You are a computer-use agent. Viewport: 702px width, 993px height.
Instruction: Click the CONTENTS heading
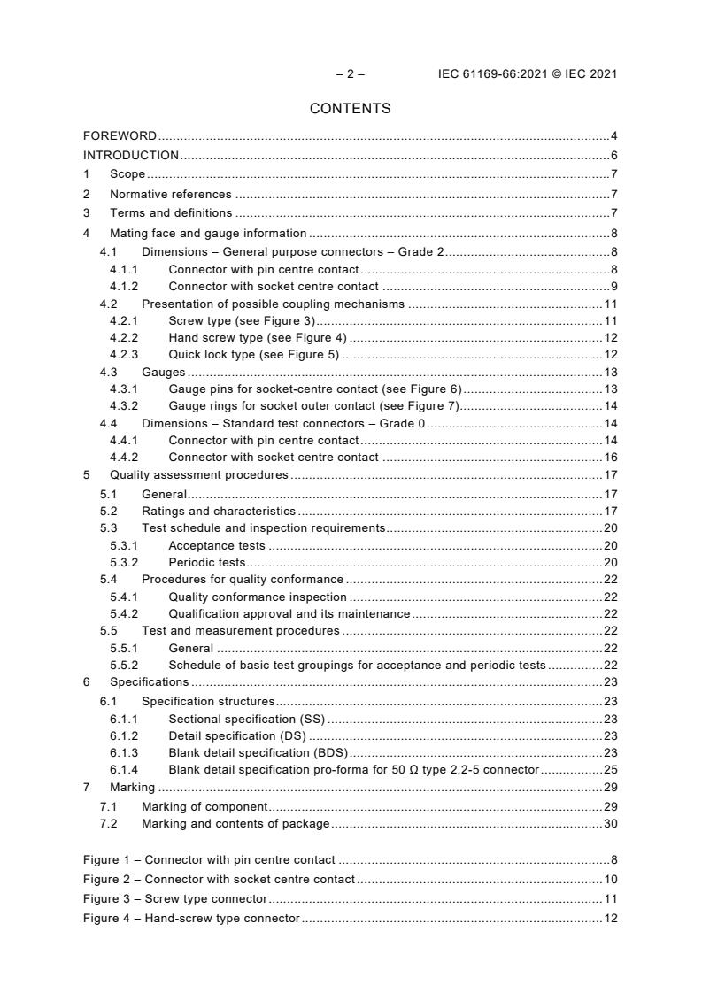[351, 109]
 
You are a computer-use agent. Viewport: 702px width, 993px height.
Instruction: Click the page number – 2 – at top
[351, 74]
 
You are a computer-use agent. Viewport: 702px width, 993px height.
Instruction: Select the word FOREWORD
[120, 136]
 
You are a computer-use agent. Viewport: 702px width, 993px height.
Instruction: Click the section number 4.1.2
[124, 286]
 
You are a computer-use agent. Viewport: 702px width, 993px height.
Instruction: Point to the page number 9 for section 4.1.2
[613, 286]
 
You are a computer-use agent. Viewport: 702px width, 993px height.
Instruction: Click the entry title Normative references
[171, 194]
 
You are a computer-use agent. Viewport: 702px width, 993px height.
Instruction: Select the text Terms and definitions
[171, 212]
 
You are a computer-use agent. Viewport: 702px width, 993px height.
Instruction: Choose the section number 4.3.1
[124, 389]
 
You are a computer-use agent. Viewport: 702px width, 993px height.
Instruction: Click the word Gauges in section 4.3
[164, 373]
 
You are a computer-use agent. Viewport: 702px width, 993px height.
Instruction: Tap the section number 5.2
[108, 511]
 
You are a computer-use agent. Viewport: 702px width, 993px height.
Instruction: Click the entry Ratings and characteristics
[219, 511]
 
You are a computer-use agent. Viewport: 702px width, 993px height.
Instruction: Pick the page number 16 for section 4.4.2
[611, 458]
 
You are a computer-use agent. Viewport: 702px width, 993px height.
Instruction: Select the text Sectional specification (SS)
[247, 719]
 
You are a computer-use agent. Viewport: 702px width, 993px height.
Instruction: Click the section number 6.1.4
[124, 769]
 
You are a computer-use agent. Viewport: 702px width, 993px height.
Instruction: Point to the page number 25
[611, 769]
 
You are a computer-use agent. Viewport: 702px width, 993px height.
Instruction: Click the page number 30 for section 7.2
[611, 823]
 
